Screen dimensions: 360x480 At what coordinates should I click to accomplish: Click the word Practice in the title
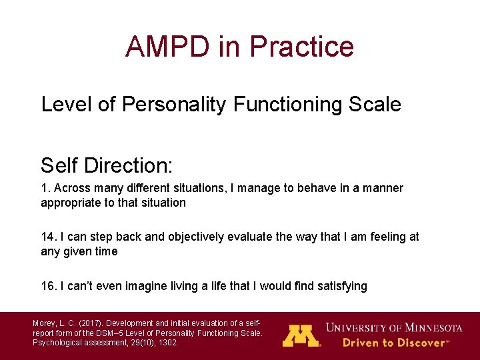click(x=301, y=47)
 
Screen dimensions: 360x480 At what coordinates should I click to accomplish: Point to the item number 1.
click(x=45, y=188)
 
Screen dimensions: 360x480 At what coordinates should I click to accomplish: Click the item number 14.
click(x=47, y=237)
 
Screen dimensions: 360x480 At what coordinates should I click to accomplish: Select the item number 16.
click(x=47, y=286)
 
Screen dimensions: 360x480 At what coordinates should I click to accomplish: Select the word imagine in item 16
click(x=143, y=286)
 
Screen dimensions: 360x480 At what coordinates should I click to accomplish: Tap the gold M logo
click(x=301, y=335)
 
